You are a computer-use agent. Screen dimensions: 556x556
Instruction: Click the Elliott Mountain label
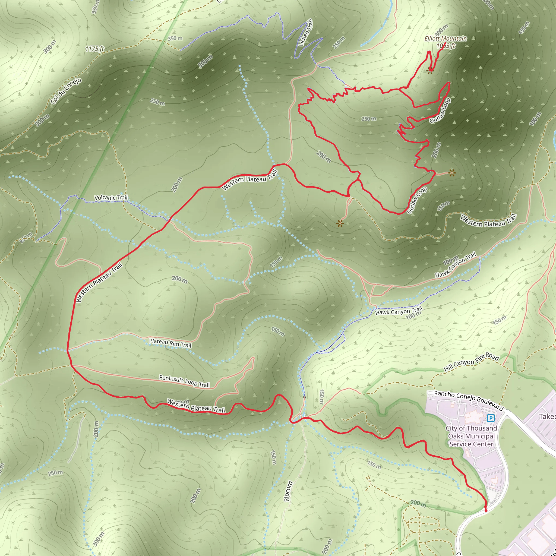446,39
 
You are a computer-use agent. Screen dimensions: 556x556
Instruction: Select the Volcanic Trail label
111,198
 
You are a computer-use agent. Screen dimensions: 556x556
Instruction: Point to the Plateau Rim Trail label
170,343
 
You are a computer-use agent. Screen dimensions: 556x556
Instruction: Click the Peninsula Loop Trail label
184,381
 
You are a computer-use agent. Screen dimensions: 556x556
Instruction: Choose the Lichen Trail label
306,33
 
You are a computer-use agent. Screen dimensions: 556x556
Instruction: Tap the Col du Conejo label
66,91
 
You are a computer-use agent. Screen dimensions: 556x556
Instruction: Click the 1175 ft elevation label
94,49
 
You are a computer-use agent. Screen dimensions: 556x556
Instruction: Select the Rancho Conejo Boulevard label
469,401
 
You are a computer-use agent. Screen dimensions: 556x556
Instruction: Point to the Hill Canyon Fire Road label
471,362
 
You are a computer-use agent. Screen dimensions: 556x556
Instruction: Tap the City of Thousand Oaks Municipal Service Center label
471,436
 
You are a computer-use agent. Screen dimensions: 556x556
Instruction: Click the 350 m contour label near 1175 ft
175,38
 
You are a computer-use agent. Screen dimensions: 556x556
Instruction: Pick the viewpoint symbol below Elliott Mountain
430,71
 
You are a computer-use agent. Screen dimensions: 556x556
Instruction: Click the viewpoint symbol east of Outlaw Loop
452,173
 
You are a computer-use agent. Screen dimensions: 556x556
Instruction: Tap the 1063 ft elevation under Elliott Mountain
446,46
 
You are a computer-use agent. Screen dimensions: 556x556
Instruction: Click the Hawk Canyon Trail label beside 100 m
399,311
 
